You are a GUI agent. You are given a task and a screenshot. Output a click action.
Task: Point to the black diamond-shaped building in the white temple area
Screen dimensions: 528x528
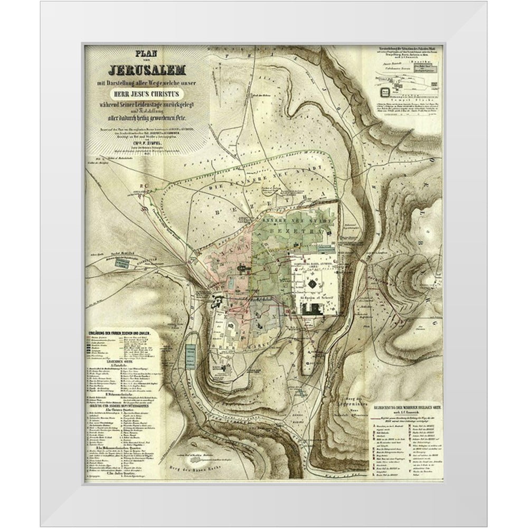(x=313, y=284)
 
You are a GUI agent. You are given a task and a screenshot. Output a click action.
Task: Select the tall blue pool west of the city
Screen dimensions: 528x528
(x=191, y=358)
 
